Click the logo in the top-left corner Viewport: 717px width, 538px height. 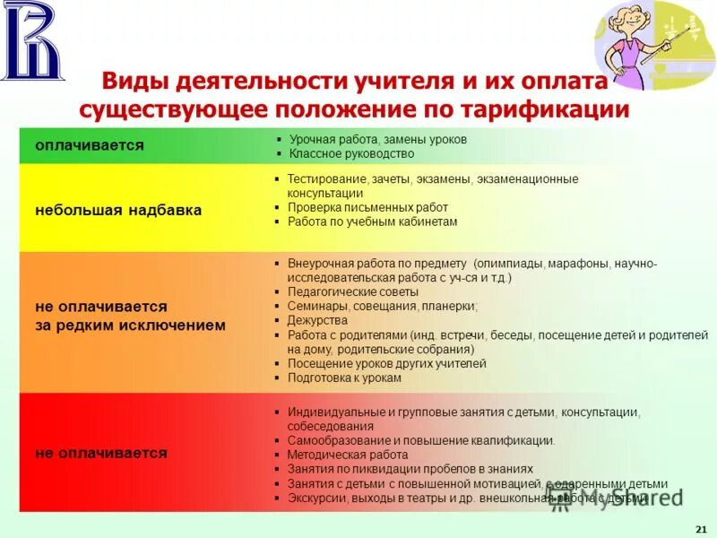(33, 39)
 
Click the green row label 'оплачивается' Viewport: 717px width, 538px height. (89, 145)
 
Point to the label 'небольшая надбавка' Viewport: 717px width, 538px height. (117, 210)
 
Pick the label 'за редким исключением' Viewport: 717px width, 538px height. (130, 325)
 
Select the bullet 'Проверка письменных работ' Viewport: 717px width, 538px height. (367, 207)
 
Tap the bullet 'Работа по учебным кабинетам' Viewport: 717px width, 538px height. (372, 221)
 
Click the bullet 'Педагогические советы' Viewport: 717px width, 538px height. (352, 292)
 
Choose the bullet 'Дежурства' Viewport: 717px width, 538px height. (317, 320)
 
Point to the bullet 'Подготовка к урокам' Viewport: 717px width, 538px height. (345, 378)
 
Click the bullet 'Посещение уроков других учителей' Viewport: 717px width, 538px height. (386, 364)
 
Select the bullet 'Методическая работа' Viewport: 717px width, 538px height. (347, 455)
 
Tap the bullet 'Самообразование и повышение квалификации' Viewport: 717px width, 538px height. (420, 440)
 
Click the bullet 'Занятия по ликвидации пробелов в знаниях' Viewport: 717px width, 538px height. (410, 469)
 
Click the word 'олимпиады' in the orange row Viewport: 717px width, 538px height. (505, 264)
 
